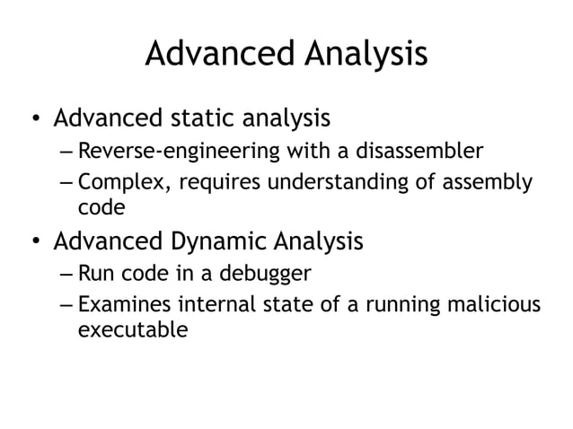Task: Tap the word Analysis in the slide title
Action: coord(366,56)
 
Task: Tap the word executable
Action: coord(133,329)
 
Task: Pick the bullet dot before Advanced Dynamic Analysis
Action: coord(32,243)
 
